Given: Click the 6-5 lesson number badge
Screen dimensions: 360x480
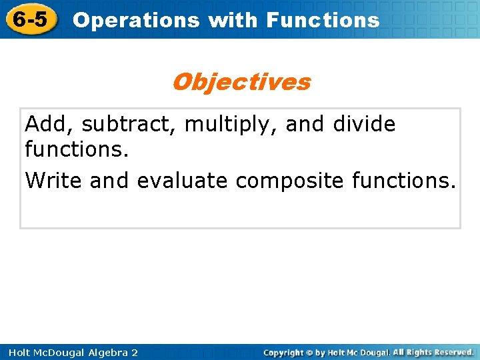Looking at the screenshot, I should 30,19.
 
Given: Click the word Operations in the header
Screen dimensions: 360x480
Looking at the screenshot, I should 137,20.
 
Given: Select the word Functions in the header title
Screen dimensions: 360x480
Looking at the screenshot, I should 323,20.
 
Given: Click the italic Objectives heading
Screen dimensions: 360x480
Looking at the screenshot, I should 241,82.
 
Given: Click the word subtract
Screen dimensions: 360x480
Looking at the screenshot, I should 129,124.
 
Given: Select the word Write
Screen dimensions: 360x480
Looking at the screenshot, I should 54,181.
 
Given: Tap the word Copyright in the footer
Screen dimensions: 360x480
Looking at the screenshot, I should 283,352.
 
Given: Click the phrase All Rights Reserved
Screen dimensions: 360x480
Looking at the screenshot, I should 433,352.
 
